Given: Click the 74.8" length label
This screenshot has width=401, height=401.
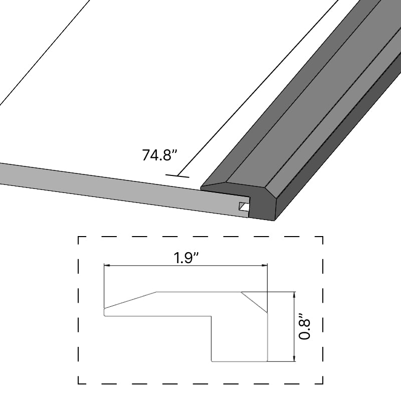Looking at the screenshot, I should coord(160,155).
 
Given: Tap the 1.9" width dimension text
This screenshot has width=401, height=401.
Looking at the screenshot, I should coord(186,258).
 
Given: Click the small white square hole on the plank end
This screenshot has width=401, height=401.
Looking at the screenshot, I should coord(243,206).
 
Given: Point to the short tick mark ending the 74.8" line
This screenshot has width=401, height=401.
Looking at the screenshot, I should coord(177,175).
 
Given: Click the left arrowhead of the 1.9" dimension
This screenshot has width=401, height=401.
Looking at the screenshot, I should coord(106,266).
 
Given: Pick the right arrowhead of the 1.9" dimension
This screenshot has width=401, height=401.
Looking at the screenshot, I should coord(265,266).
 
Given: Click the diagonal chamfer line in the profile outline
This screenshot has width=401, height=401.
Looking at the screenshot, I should coord(255,303).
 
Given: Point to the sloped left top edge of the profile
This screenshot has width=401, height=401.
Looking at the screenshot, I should coord(130,300).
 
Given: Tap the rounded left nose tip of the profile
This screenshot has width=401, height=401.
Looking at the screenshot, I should coord(104,312).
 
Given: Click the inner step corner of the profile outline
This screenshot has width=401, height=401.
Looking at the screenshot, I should coord(211,316).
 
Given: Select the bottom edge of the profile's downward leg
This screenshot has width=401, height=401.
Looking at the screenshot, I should coord(240,361).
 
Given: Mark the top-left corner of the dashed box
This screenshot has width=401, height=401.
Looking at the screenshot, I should coord(79,237).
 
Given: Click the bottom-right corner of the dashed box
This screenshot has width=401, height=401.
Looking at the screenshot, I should coord(322,383).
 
